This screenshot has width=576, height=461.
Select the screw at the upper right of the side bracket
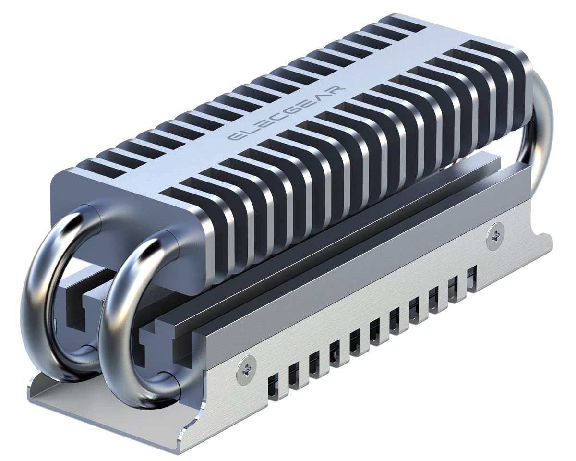click(493, 233)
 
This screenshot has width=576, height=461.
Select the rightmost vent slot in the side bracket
click(471, 279)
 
